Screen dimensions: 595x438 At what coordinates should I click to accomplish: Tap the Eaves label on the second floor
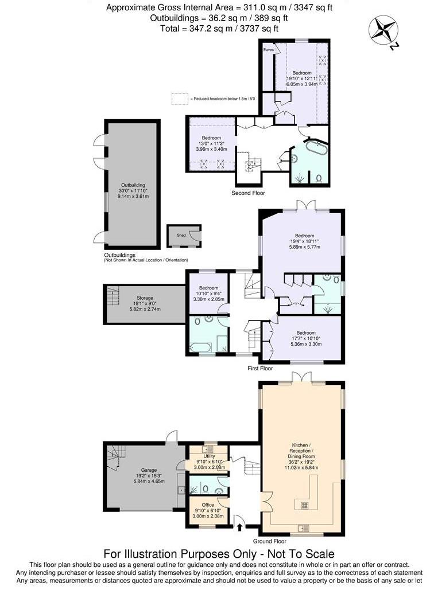268,50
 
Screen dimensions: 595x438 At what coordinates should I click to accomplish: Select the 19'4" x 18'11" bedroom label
304,241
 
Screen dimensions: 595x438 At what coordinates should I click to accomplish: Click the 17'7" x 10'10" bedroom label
306,338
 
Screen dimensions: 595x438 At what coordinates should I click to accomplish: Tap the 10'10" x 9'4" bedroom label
208,293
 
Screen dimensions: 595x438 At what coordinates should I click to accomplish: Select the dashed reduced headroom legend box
180,99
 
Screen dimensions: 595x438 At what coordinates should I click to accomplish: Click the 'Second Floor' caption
248,193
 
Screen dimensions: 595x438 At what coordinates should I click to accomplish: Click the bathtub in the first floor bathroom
200,347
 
